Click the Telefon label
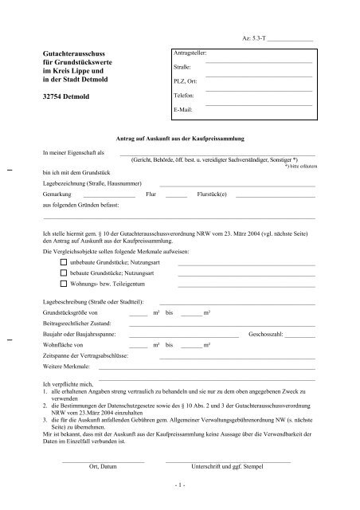(184, 95)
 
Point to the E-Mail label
(183, 108)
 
